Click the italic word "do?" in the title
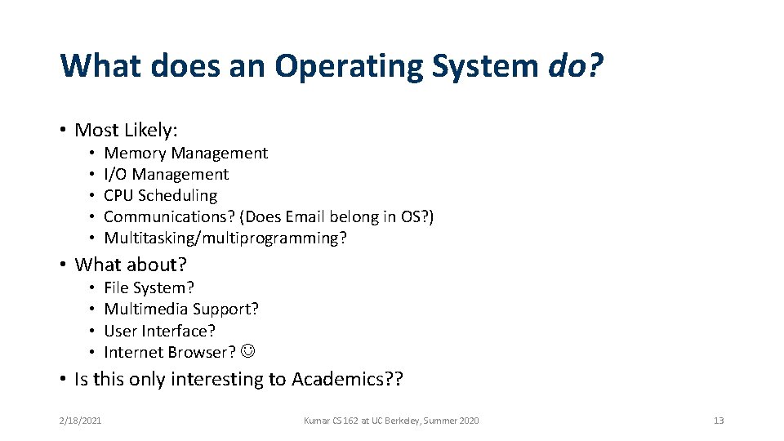pyautogui.click(x=575, y=66)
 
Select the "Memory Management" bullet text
pyautogui.click(x=185, y=153)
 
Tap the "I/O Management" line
pyautogui.click(x=166, y=174)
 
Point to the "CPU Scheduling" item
pyautogui.click(x=160, y=195)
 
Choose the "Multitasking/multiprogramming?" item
pyautogui.click(x=225, y=238)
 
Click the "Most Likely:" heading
pyautogui.click(x=126, y=130)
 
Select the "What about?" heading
pyautogui.click(x=131, y=265)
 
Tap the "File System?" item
pyautogui.click(x=149, y=287)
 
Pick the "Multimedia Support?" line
pyautogui.click(x=181, y=309)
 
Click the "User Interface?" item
pyautogui.click(x=159, y=331)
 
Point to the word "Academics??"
pyautogui.click(x=347, y=380)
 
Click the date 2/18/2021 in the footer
pyautogui.click(x=80, y=421)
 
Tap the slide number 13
pyautogui.click(x=719, y=421)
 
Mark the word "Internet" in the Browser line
pyautogui.click(x=134, y=352)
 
